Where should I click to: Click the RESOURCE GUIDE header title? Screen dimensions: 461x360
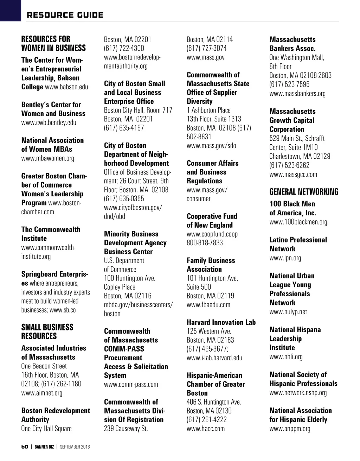(65, 15)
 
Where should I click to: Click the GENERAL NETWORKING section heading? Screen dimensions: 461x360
(304, 192)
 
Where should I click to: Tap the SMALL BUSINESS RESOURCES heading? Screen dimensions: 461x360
(47, 331)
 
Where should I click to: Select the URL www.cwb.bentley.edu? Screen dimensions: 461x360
(49, 123)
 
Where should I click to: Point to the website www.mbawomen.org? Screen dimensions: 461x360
(47, 158)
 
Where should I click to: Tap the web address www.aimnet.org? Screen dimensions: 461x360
(41, 393)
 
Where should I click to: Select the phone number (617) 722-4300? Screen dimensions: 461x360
(124, 48)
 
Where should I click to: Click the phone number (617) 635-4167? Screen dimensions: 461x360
(124, 128)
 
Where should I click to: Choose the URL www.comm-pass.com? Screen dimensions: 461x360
(131, 384)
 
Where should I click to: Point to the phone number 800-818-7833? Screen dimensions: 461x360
(205, 243)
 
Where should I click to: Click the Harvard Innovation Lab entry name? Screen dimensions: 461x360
(221, 322)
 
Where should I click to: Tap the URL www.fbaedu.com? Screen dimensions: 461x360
(208, 305)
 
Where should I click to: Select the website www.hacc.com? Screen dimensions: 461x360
(205, 429)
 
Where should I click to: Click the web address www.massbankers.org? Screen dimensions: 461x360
(297, 93)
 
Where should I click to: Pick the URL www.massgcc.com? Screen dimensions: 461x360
(293, 174)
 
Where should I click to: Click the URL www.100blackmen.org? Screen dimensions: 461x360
(298, 222)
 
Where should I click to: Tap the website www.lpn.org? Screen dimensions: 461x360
(285, 258)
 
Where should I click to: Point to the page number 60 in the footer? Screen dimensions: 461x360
(25, 447)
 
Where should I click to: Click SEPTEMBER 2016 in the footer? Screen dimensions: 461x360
(75, 447)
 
